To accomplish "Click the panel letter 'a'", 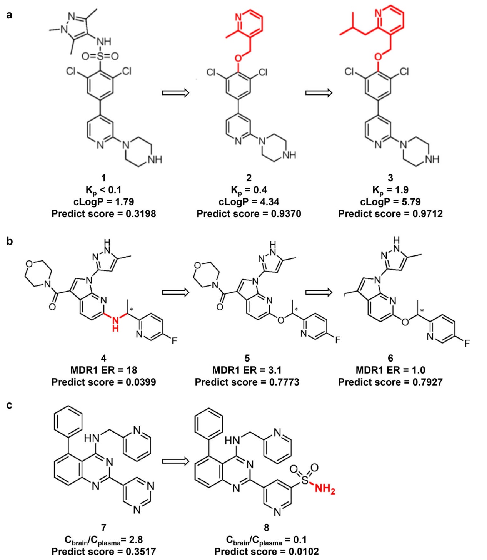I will (x=9, y=15).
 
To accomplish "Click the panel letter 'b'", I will (x=10, y=241).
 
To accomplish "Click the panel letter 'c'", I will (x=9, y=405).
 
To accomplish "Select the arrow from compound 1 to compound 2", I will (x=175, y=93).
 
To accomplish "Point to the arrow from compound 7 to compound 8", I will (x=175, y=461).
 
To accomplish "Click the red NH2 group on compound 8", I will (x=325, y=489).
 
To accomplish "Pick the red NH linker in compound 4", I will (x=115, y=323).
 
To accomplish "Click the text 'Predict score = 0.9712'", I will (x=390, y=214).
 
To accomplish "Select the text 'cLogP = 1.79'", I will (x=103, y=202).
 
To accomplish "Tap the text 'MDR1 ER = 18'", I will (x=103, y=370).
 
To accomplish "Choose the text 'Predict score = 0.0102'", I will (x=266, y=552).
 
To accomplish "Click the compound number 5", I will (x=247, y=358).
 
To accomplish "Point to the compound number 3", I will (x=390, y=178).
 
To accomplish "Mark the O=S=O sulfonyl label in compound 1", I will (x=100, y=56).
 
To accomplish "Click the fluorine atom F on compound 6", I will (x=467, y=343).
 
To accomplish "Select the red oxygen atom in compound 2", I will (x=238, y=58).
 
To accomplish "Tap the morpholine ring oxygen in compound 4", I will (x=29, y=264).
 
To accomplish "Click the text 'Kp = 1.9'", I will (x=390, y=190).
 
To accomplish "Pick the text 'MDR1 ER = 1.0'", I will (x=390, y=370).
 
